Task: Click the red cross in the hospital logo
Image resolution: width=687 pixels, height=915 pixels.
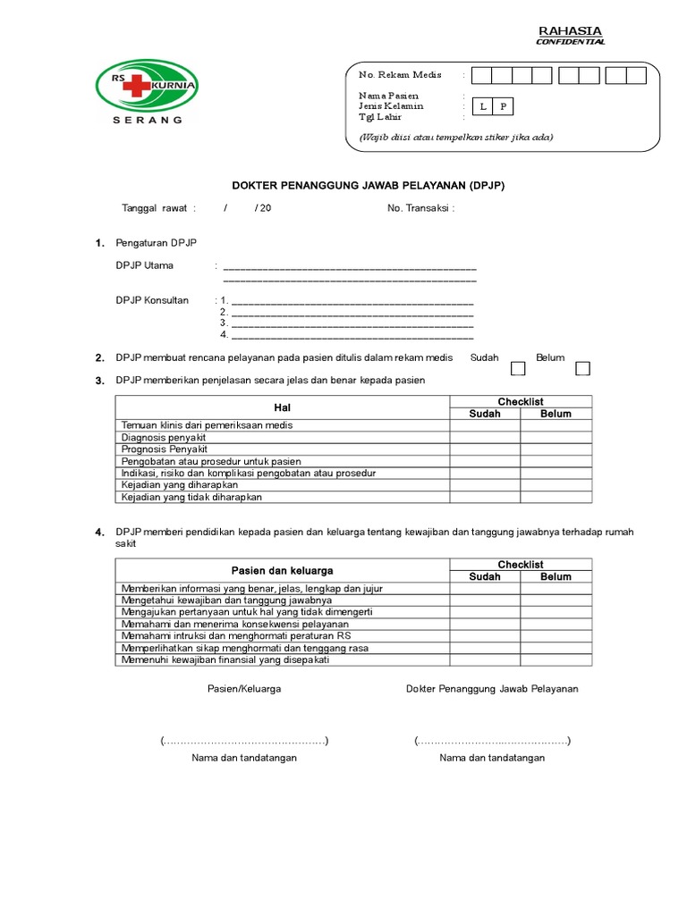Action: [x=139, y=86]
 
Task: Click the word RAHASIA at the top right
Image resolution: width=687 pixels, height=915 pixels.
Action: [x=570, y=31]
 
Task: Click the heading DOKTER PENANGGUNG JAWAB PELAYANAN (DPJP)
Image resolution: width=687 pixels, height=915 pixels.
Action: [x=374, y=185]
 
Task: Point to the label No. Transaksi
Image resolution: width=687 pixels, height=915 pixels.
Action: [x=420, y=207]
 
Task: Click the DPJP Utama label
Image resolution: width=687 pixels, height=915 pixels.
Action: [x=145, y=265]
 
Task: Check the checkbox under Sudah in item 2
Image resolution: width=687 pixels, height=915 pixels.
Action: [x=518, y=369]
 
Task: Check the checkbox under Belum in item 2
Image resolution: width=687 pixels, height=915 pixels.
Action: [x=583, y=369]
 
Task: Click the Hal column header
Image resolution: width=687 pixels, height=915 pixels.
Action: [x=282, y=407]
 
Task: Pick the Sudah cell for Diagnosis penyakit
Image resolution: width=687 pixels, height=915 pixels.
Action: [x=485, y=438]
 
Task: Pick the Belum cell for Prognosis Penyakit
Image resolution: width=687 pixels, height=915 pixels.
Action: [x=556, y=449]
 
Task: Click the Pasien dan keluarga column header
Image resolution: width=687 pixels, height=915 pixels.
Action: [x=282, y=570]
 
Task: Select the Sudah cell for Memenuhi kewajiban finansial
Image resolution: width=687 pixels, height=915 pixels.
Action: [x=485, y=659]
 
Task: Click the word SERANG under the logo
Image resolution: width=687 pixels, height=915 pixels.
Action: [x=147, y=119]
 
